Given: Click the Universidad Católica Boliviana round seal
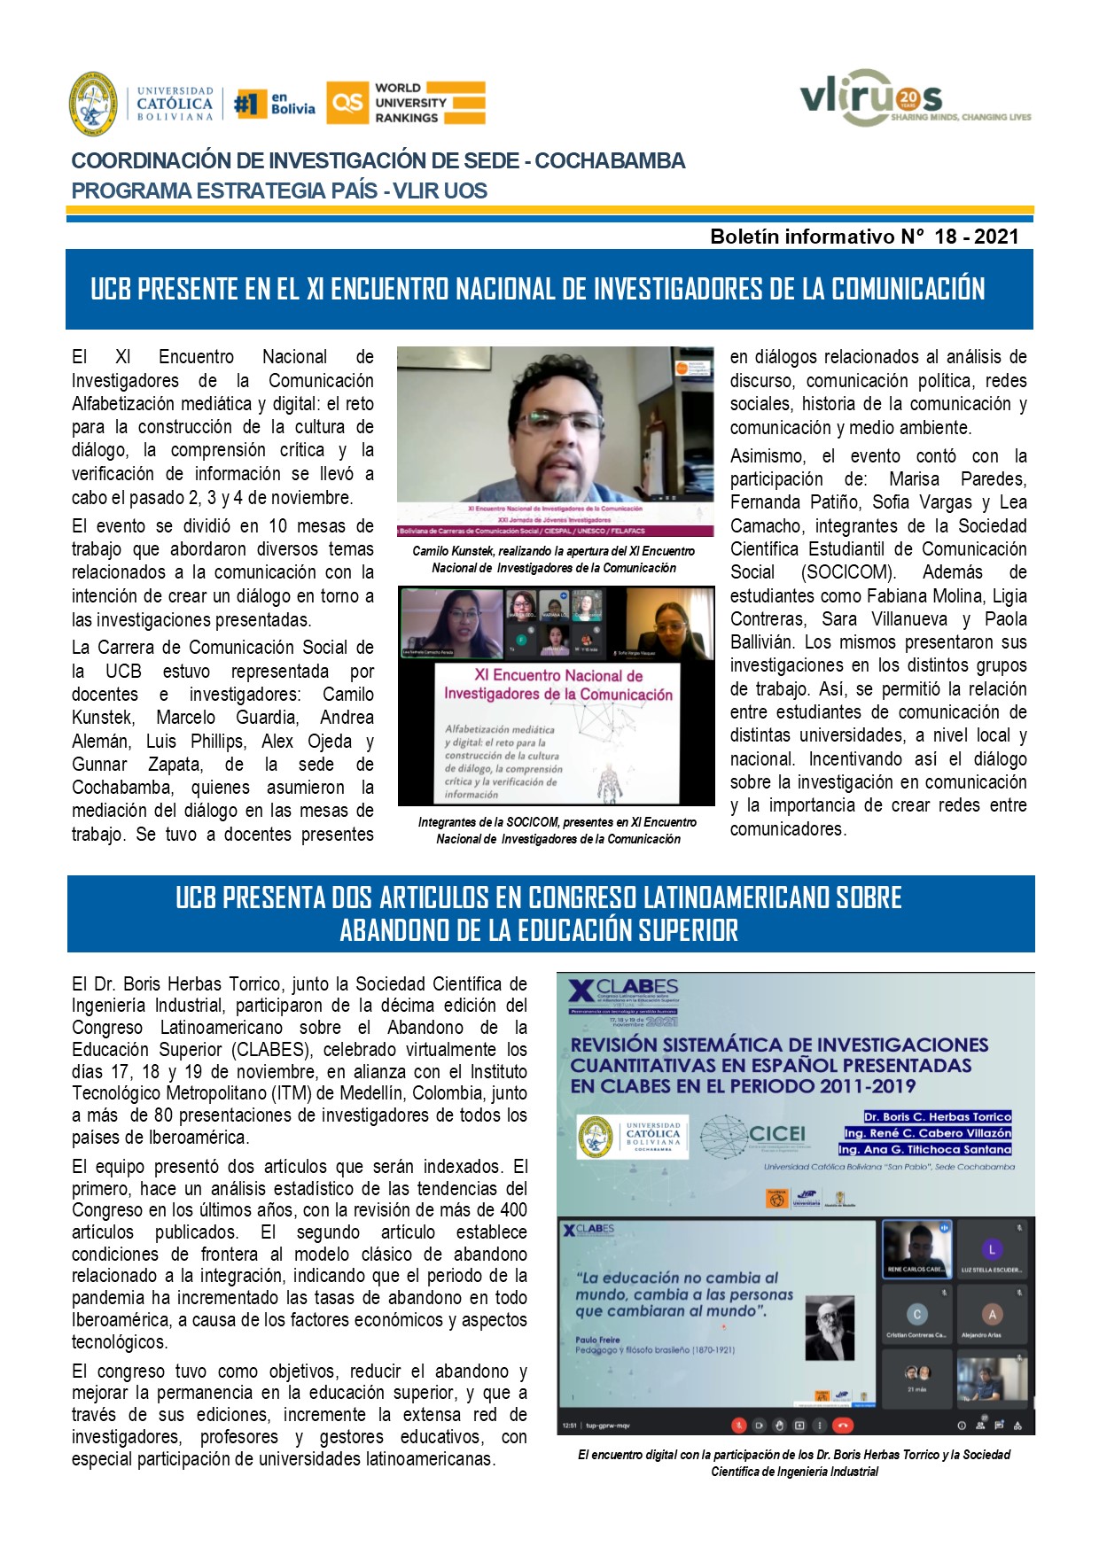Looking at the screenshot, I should point(93,104).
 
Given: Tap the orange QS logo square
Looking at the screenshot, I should point(347,103).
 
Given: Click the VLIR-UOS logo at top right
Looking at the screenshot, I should point(913,99).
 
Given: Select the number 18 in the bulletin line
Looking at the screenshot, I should point(945,237).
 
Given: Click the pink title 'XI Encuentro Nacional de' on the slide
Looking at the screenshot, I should point(558,675).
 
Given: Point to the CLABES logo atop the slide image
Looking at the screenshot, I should point(624,989).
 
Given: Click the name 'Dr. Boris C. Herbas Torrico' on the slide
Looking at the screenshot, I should point(937,1116).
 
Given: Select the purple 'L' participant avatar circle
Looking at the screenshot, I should point(992,1250).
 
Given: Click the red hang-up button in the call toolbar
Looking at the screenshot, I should point(843,1426).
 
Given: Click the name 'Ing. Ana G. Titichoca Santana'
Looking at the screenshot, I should point(924,1149).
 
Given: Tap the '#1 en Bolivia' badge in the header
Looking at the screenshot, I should point(275,104).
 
